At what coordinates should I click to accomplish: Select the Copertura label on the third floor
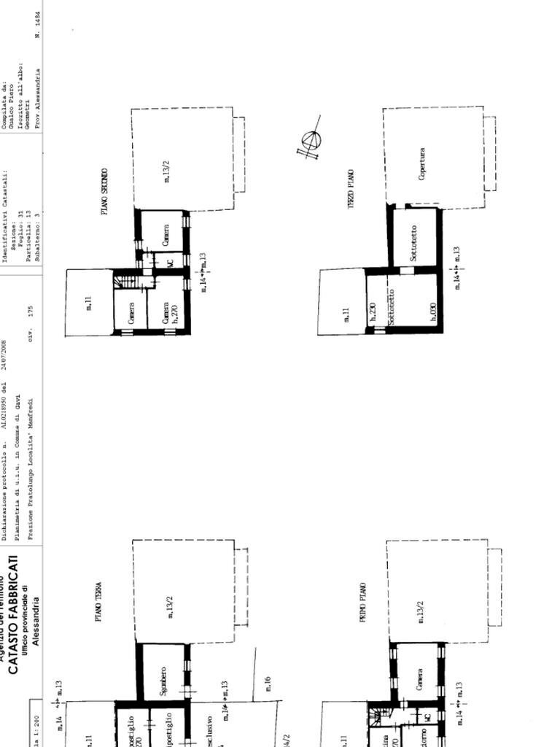click(421, 165)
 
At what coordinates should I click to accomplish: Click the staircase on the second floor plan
click(127, 279)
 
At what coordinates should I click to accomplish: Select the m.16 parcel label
click(267, 684)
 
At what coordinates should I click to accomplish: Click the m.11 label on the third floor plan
click(346, 314)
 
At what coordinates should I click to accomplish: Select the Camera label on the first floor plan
click(419, 681)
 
